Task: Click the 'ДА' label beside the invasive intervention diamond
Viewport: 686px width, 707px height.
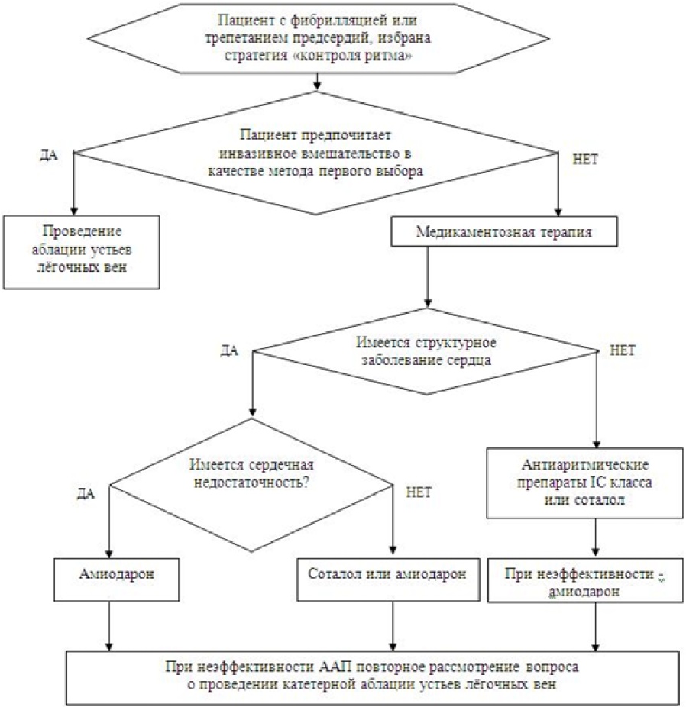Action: coord(48,153)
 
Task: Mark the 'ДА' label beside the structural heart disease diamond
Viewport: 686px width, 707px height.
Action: coord(230,350)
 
